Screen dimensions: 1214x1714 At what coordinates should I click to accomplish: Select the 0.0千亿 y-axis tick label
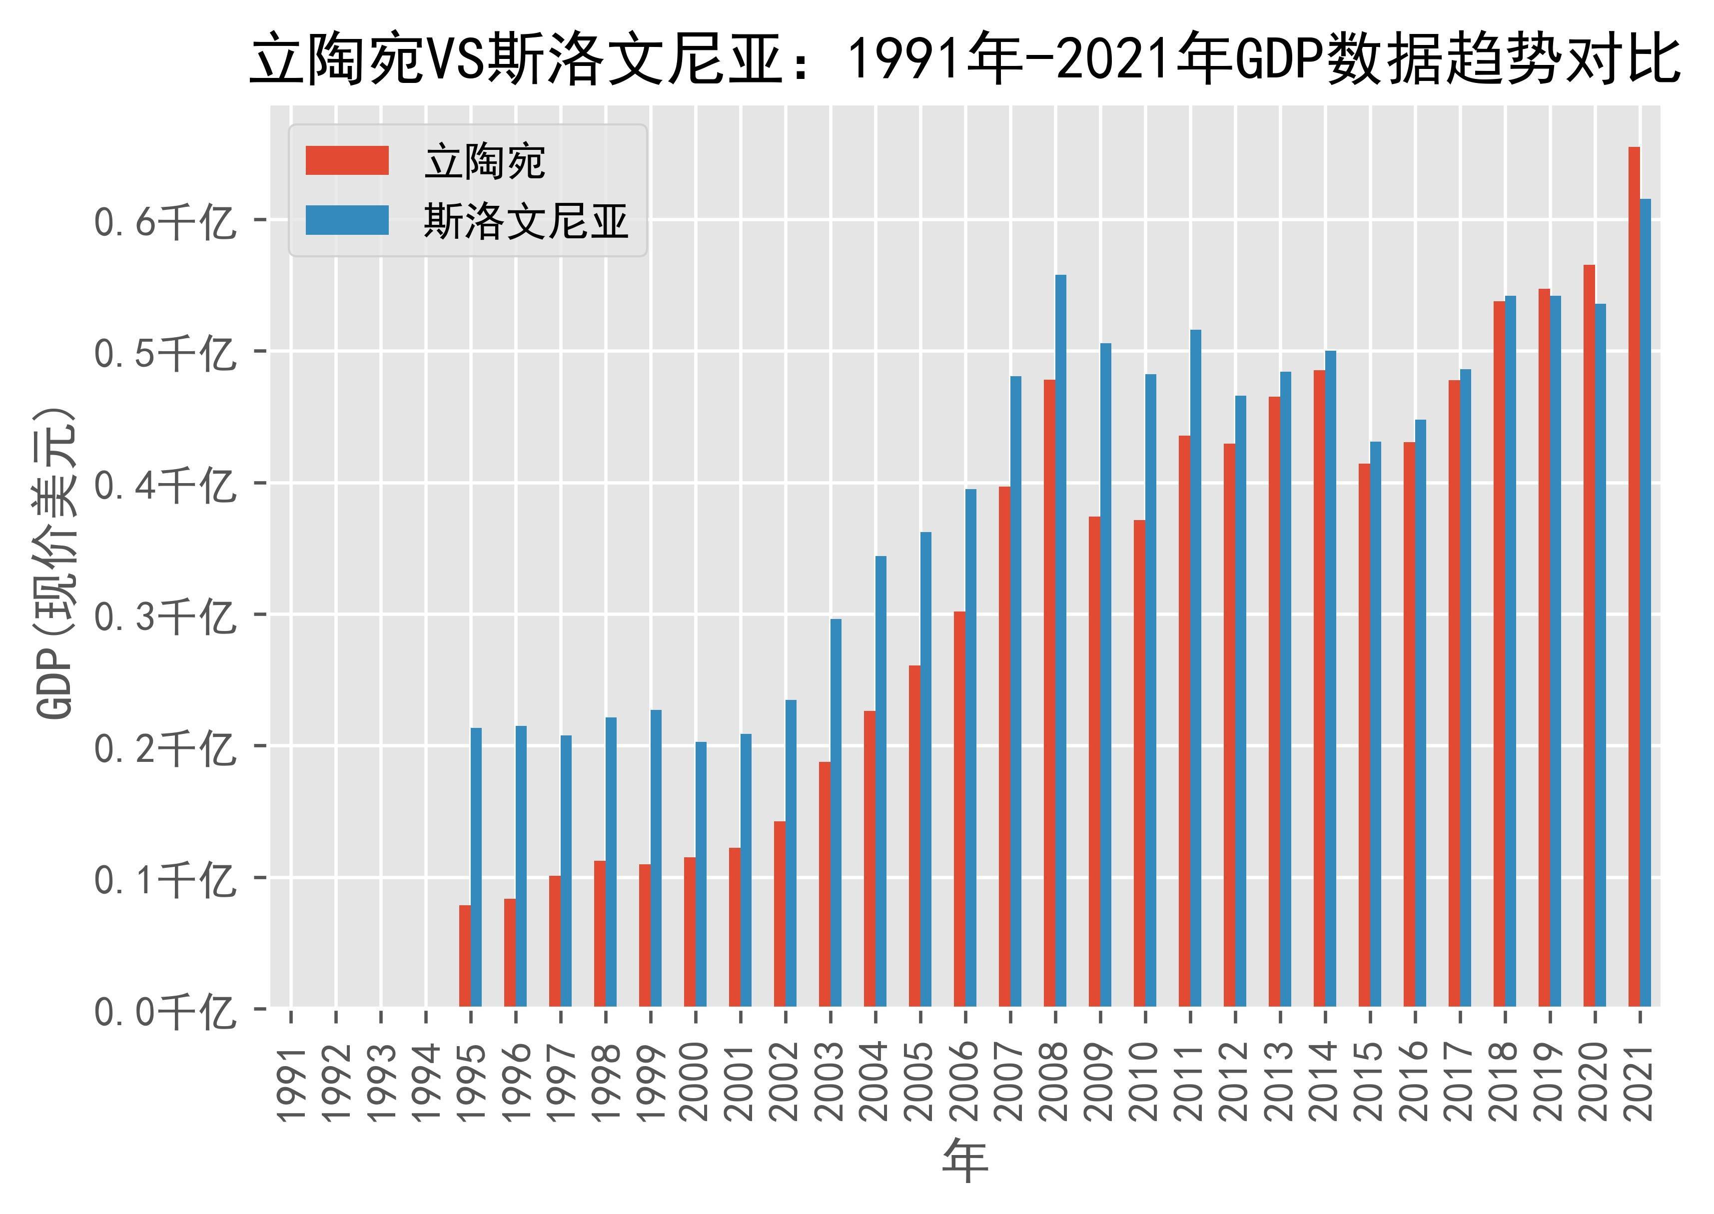pos(164,1012)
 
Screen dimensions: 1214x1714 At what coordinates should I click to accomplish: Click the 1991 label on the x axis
pos(291,1084)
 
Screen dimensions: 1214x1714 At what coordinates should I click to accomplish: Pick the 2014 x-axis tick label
pos(1325,1084)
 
